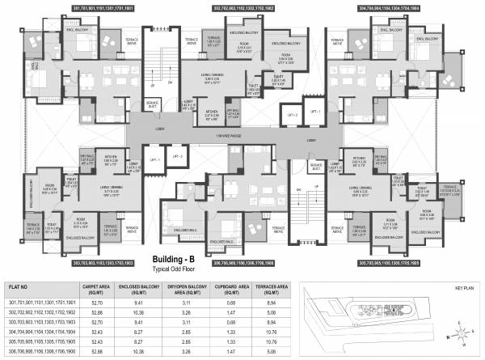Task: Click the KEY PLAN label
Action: [464, 288]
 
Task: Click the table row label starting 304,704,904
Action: [41, 331]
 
